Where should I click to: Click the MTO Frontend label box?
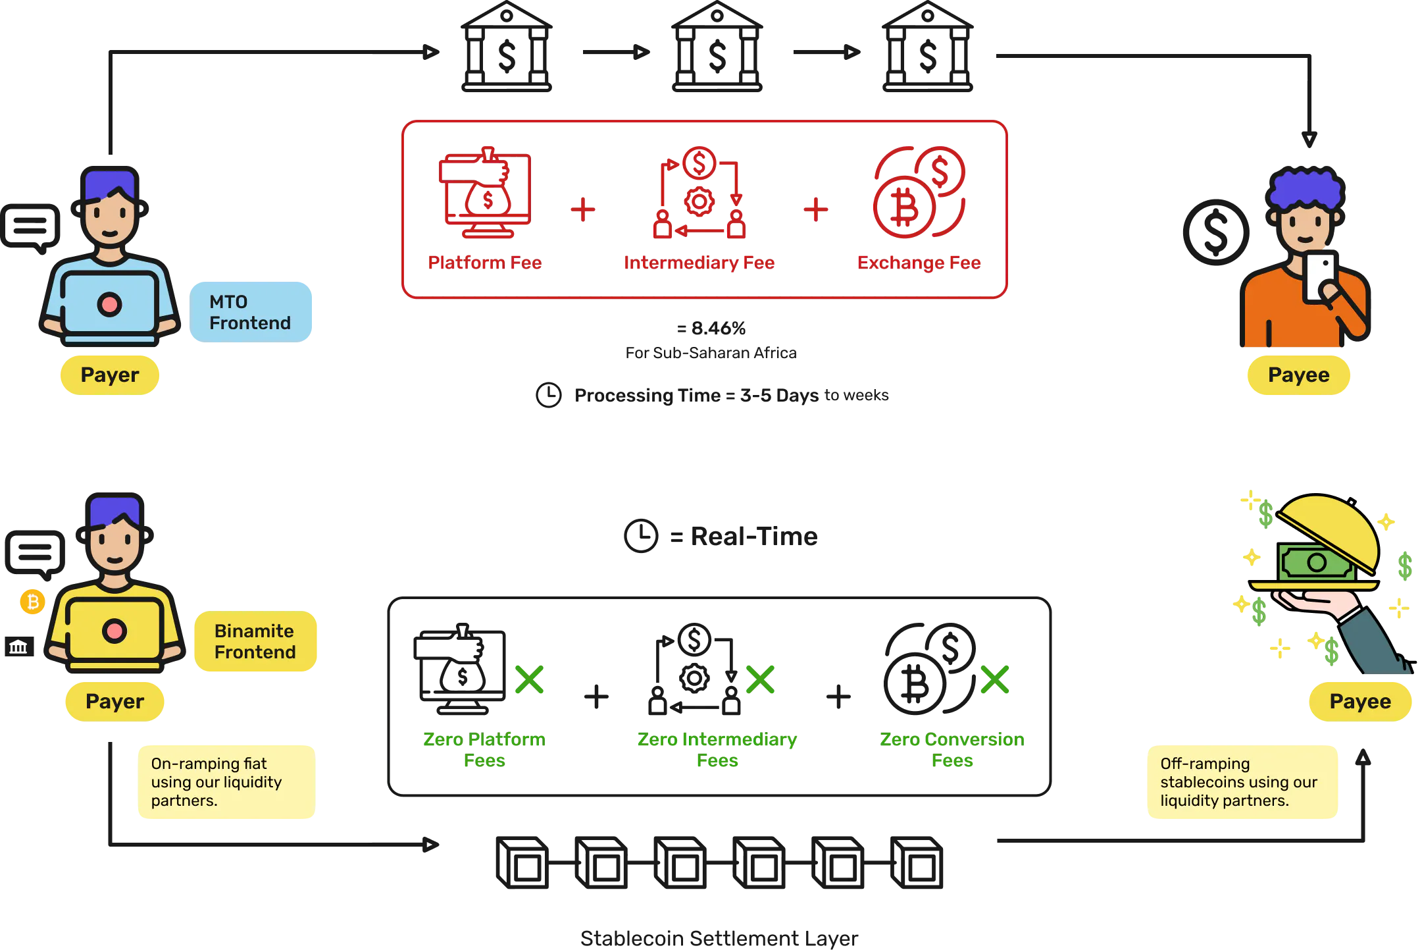click(251, 312)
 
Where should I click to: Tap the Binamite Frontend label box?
click(255, 641)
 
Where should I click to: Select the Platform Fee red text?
click(485, 263)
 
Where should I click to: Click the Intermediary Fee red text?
click(699, 263)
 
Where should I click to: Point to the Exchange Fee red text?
click(919, 263)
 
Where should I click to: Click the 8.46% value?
click(719, 328)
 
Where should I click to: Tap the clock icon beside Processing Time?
click(549, 395)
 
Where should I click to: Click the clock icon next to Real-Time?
click(641, 536)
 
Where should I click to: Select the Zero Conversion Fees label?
click(952, 750)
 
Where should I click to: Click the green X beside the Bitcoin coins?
click(995, 679)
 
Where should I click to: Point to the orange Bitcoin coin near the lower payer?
click(32, 602)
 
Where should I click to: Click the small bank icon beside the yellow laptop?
click(19, 647)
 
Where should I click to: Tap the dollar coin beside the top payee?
click(1216, 232)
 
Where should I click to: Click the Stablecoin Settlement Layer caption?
click(719, 938)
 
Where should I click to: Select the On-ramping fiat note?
click(226, 782)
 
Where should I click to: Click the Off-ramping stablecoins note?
click(1242, 782)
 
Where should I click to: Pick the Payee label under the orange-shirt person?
click(1299, 375)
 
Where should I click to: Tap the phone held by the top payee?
click(1320, 277)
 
